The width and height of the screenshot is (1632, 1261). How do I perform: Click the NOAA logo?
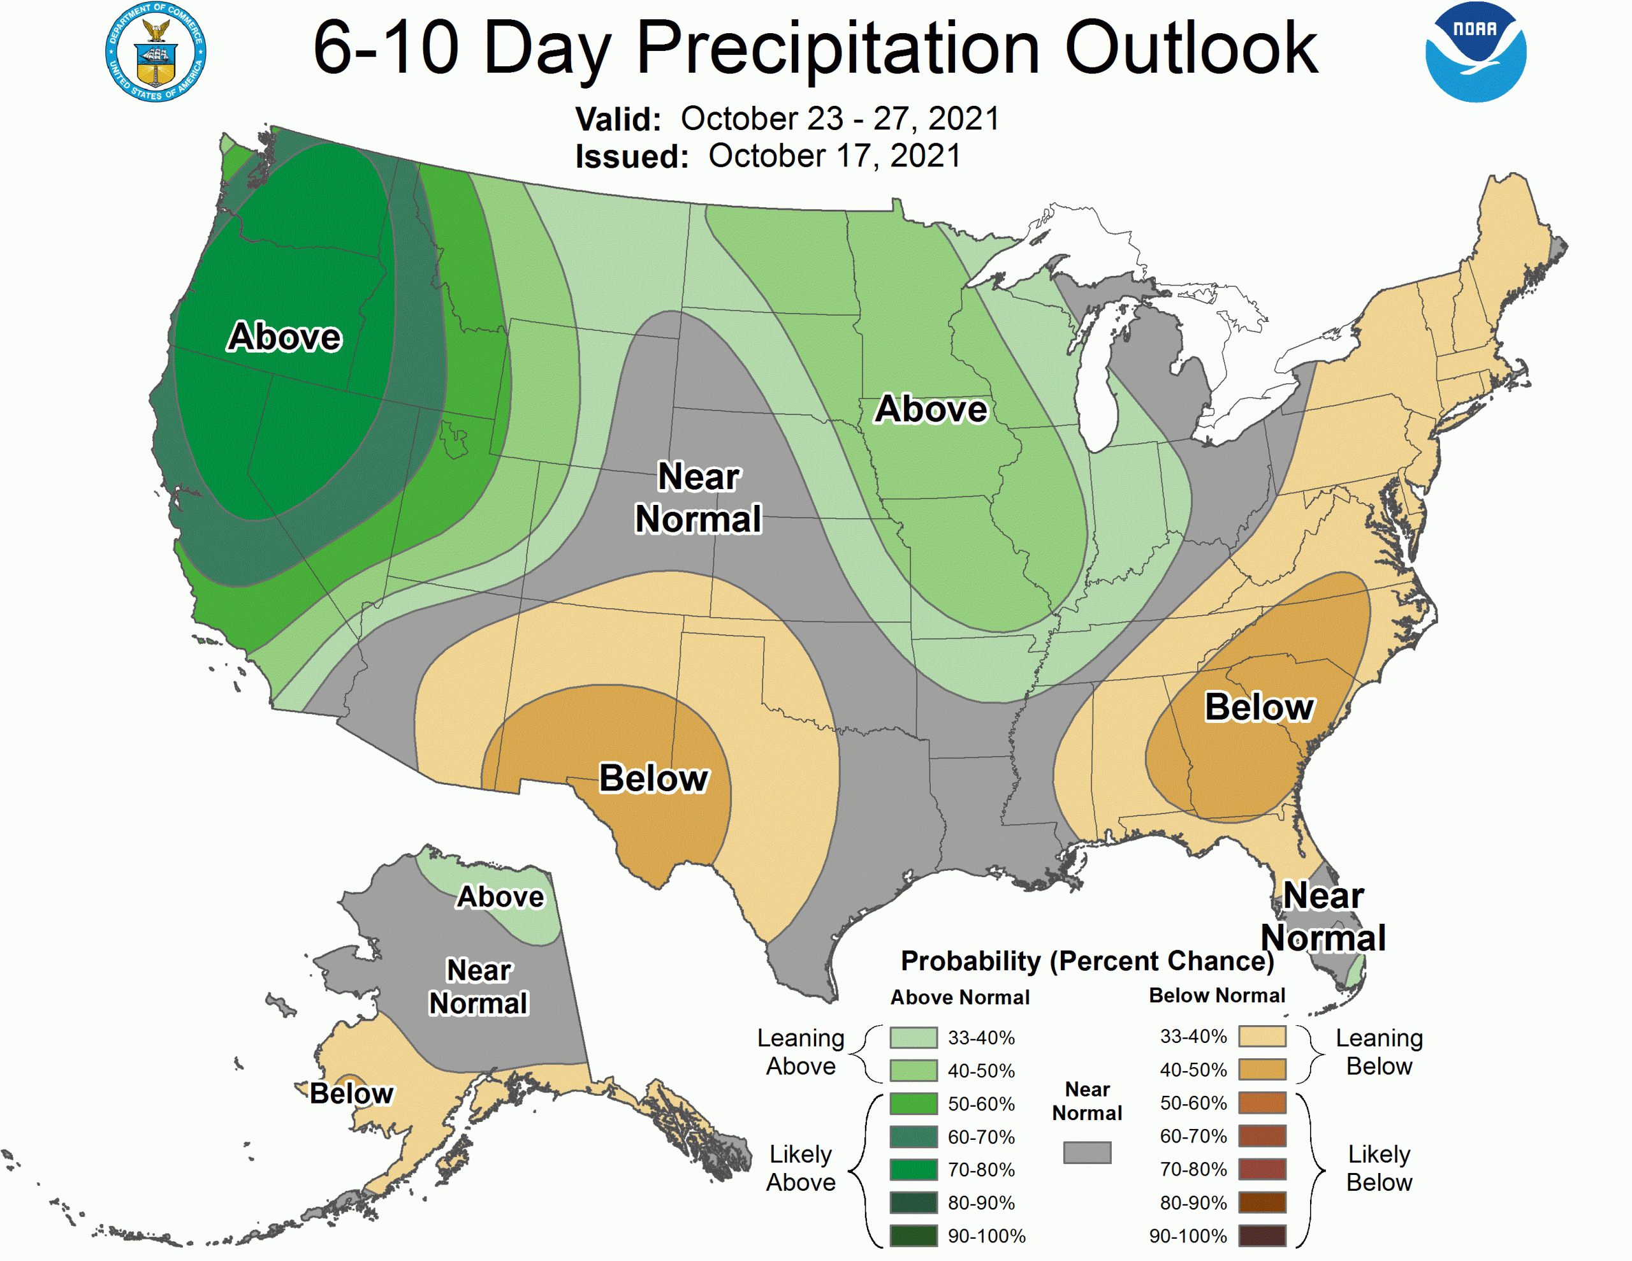point(1475,52)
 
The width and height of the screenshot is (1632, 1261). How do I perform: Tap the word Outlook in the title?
point(1190,48)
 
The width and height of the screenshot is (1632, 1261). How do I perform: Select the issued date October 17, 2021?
point(834,156)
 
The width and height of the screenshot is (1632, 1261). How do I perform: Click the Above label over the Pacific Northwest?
point(285,337)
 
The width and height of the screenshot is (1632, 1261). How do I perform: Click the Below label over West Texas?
point(654,778)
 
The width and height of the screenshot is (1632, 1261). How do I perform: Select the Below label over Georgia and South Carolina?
point(1259,707)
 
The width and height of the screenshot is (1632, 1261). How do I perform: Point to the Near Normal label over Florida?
point(1323,916)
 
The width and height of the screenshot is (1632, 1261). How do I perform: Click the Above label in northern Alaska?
point(500,896)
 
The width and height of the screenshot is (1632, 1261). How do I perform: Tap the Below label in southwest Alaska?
point(351,1093)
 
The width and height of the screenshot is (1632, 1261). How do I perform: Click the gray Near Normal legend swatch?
point(1087,1153)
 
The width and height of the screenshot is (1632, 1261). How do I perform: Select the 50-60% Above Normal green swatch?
point(913,1104)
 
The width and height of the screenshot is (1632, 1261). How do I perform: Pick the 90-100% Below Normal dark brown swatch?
point(1262,1235)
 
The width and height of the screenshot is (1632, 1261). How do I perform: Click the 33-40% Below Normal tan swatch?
point(1262,1037)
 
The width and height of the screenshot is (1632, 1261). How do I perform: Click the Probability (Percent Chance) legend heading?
point(1086,961)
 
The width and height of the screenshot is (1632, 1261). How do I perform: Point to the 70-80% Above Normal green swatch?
point(913,1170)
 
